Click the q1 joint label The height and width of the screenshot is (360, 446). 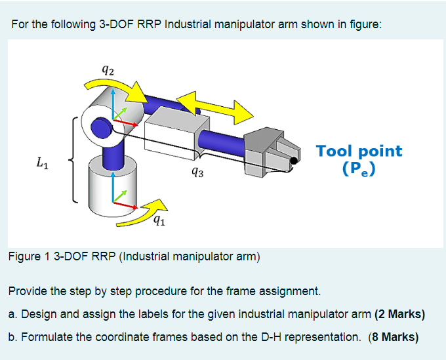pyautogui.click(x=158, y=220)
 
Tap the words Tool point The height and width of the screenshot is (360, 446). pyautogui.click(x=359, y=151)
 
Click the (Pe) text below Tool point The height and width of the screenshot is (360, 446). pyautogui.click(x=359, y=169)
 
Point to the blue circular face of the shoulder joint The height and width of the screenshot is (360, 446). pyautogui.click(x=100, y=127)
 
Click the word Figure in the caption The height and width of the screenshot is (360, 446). pyautogui.click(x=24, y=257)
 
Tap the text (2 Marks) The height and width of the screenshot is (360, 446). pyautogui.click(x=399, y=314)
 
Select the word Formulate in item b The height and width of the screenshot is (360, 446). pyautogui.click(x=46, y=338)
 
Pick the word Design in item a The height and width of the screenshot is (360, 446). pyautogui.click(x=36, y=314)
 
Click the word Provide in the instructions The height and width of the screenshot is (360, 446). pyautogui.click(x=28, y=290)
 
